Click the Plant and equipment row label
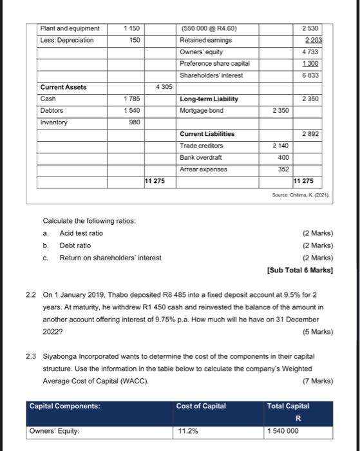pyautogui.click(x=70, y=28)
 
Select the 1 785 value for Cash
pyautogui.click(x=131, y=99)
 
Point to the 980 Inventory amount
pyautogui.click(x=133, y=122)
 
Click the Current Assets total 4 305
pyautogui.click(x=161, y=87)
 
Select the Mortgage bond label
pyautogui.click(x=202, y=110)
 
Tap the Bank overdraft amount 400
pyautogui.click(x=283, y=157)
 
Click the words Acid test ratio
pyautogui.click(x=81, y=233)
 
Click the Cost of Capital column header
pyautogui.click(x=201, y=405)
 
